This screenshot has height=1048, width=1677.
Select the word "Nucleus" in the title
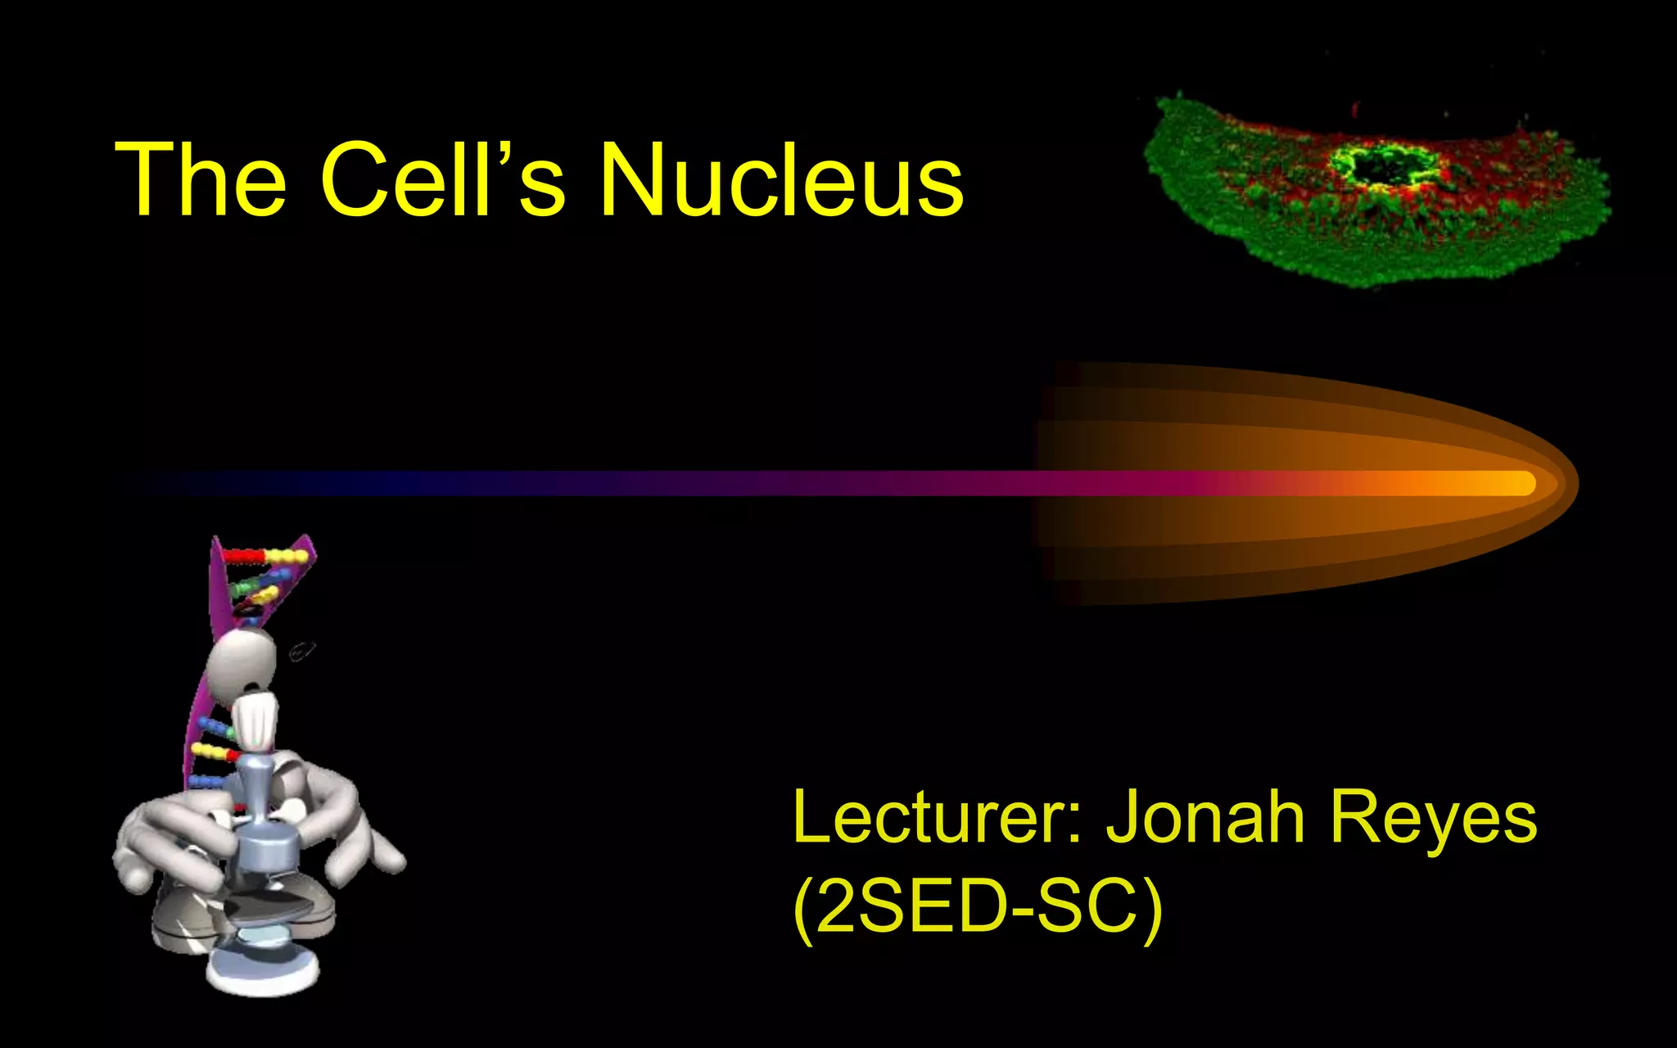tap(781, 179)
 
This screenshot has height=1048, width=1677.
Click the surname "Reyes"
tap(1432, 818)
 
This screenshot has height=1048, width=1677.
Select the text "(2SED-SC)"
tap(978, 906)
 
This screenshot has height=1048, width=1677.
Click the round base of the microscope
tap(262, 970)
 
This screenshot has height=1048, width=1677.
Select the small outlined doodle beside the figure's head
tap(301, 652)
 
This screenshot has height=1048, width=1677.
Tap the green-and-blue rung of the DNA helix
tap(258, 583)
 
